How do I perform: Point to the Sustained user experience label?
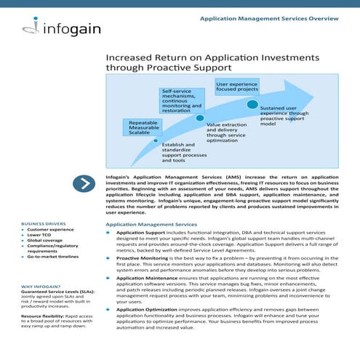tap(284, 115)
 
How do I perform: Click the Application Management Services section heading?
tap(151, 225)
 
